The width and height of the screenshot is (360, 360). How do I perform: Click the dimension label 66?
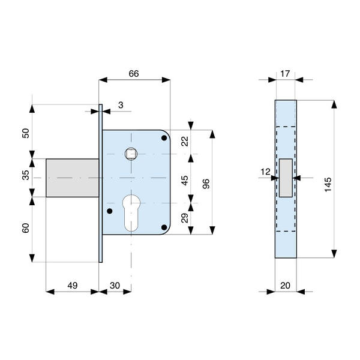[x=134, y=74]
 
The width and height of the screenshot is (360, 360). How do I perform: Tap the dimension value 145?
[x=328, y=184]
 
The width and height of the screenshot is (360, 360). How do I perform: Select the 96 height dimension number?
[x=206, y=184]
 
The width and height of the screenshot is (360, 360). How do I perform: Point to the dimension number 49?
[x=73, y=286]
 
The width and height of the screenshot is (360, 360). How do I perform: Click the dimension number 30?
[x=115, y=286]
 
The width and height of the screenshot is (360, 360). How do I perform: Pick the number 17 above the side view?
[x=285, y=74]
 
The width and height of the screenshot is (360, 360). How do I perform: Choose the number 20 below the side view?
[x=285, y=286]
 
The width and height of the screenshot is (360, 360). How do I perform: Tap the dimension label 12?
[x=265, y=172]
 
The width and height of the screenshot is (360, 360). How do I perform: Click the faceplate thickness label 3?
[x=121, y=105]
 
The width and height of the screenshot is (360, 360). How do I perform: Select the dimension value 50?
[x=26, y=133]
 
